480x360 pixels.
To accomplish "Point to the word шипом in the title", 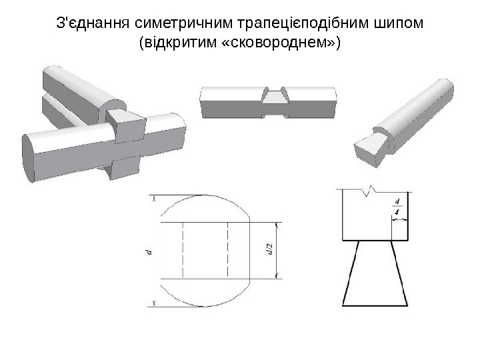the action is coord(403,25).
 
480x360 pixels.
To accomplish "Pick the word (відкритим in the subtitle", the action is coord(175,44).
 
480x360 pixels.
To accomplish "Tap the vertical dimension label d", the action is coord(149,252).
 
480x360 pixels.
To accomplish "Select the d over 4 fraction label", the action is coord(397,206).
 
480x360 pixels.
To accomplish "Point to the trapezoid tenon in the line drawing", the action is coord(373,273).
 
